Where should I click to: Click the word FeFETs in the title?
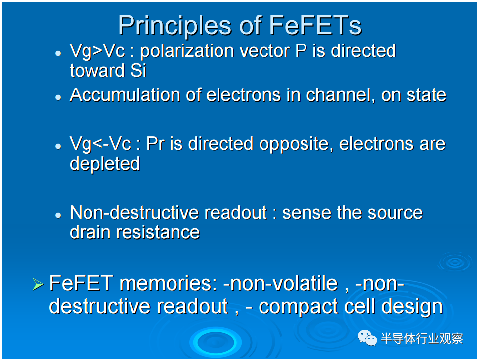[x=315, y=25]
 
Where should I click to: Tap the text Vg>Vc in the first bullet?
[x=97, y=51]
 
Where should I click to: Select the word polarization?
[x=187, y=51]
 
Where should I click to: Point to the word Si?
[x=138, y=71]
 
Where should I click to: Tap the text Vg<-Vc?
[x=100, y=144]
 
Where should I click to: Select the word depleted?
[x=105, y=164]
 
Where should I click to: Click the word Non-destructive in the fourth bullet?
[x=134, y=213]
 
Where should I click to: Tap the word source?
[x=395, y=213]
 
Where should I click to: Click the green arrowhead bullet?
[x=38, y=284]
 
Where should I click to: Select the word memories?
[x=168, y=284]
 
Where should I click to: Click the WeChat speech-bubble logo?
[x=367, y=338]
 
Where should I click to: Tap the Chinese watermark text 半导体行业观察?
[x=422, y=338]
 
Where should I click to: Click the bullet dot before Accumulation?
[x=58, y=97]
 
